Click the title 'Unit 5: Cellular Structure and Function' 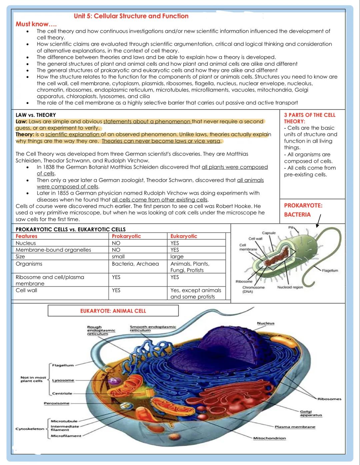pyautogui.click(x=131, y=16)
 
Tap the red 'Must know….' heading pyautogui.click(x=36, y=24)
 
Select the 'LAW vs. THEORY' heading pyautogui.click(x=36, y=115)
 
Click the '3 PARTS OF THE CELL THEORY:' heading pyautogui.click(x=309, y=118)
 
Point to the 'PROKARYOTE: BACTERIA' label pyautogui.click(x=303, y=210)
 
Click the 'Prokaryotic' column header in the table pyautogui.click(x=126, y=236)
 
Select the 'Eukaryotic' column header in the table pyautogui.click(x=184, y=236)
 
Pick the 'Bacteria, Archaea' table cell pyautogui.click(x=135, y=264)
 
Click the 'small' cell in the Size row pyautogui.click(x=118, y=256)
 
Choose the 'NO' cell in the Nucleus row pyautogui.click(x=116, y=243)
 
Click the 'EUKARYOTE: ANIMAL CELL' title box pyautogui.click(x=113, y=311)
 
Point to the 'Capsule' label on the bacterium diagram pyautogui.click(x=269, y=233)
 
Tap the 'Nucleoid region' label pyautogui.click(x=290, y=287)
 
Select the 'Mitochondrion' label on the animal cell pyautogui.click(x=269, y=438)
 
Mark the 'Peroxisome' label pyautogui.click(x=57, y=403)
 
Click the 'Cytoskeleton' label pyautogui.click(x=30, y=429)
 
